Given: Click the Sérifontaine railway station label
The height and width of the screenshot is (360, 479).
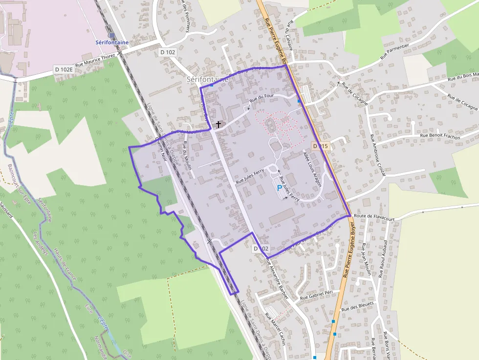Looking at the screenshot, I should click(x=112, y=42).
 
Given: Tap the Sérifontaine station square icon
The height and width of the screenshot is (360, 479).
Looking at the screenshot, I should click(x=112, y=35).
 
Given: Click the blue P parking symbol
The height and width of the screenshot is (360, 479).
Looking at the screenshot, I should click(x=280, y=188).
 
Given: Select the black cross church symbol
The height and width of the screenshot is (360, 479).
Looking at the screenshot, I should click(x=218, y=125).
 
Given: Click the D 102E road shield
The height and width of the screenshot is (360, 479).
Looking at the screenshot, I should click(x=64, y=69).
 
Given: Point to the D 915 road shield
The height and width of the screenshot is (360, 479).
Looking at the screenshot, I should click(x=321, y=146).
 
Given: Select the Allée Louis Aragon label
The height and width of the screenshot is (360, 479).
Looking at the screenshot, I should click(x=312, y=169).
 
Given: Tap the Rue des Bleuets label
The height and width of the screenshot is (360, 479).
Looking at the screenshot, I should click(x=358, y=306).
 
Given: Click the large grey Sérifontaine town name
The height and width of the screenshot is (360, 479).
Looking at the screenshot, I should click(x=208, y=79).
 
